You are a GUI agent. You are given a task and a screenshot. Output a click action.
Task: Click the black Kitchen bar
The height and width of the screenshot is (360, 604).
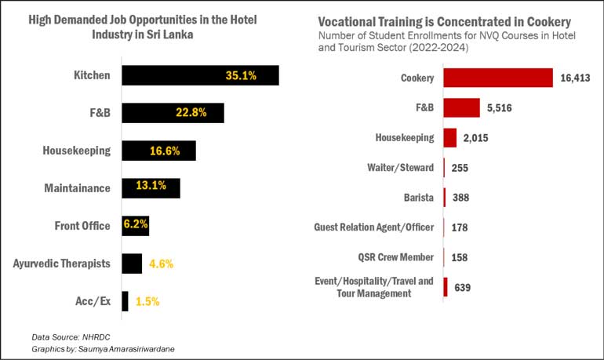pos(200,75)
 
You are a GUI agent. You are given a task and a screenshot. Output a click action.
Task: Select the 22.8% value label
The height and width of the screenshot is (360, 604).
pos(191,113)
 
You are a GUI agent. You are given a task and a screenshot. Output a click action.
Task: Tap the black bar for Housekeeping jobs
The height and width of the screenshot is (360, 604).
pos(158,151)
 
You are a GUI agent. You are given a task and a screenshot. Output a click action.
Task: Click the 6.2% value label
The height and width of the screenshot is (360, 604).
pos(135,226)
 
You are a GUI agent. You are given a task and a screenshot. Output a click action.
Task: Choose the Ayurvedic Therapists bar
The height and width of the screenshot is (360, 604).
pos(132,264)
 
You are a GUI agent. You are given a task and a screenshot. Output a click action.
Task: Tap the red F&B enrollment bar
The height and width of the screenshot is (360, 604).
pos(461,108)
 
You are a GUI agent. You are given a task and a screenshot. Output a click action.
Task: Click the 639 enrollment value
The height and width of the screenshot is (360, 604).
pos(462,287)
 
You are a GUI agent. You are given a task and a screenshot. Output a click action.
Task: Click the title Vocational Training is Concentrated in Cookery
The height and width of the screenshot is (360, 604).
pos(444,21)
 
